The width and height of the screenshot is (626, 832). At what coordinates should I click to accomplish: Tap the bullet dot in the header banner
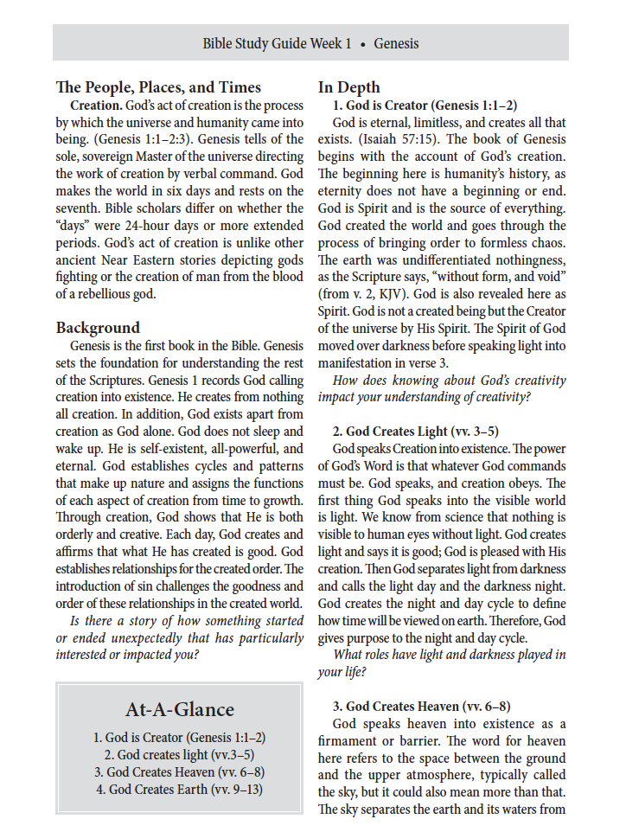pyautogui.click(x=363, y=43)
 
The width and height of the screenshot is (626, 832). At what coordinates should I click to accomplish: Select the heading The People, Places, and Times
pyautogui.click(x=158, y=87)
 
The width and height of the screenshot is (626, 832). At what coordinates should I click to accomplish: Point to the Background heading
pyautogui.click(x=98, y=327)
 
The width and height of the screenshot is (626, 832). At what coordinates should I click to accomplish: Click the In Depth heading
pyautogui.click(x=348, y=87)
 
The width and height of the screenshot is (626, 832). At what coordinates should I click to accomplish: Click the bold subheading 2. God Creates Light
pyautogui.click(x=415, y=431)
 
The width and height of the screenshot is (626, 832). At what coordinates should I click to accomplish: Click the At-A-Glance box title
pyautogui.click(x=179, y=709)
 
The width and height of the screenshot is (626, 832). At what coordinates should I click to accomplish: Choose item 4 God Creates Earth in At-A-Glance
pyautogui.click(x=179, y=789)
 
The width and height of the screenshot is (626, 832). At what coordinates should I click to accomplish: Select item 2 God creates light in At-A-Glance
pyautogui.click(x=179, y=754)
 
